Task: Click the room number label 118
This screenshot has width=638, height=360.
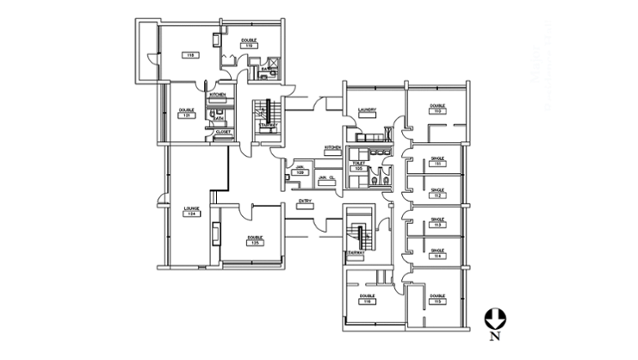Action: click(189, 54)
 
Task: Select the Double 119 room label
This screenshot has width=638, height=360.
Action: click(248, 43)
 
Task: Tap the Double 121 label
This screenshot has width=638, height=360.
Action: click(186, 113)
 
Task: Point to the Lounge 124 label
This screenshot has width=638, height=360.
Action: click(190, 211)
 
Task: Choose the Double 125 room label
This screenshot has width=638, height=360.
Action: click(254, 241)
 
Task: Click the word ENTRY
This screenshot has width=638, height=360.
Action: click(304, 202)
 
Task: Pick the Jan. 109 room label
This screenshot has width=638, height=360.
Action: click(300, 171)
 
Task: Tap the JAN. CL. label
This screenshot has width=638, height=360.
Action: click(325, 177)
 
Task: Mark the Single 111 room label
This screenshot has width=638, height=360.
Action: click(437, 161)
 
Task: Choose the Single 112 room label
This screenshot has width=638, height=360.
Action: click(437, 192)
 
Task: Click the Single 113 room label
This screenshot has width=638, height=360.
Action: click(437, 223)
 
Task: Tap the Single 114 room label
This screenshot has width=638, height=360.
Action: click(437, 254)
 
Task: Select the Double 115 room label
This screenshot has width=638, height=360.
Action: click(437, 298)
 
